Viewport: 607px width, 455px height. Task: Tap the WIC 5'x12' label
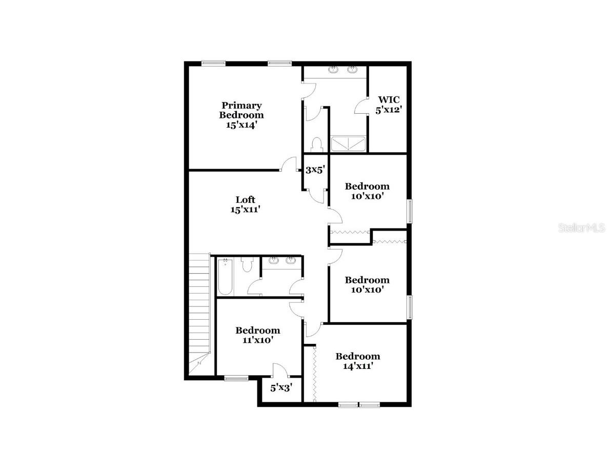click(388, 104)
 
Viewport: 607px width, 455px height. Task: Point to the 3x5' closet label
click(315, 170)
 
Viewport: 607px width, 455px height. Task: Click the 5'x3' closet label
click(281, 388)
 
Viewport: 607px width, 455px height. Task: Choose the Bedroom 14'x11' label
click(358, 361)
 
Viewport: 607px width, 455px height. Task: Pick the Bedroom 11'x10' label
click(257, 335)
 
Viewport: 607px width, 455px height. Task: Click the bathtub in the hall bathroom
click(226, 277)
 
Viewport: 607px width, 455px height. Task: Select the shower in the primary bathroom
click(349, 143)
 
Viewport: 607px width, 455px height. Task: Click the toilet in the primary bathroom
click(316, 144)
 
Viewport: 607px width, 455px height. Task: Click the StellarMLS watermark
click(581, 228)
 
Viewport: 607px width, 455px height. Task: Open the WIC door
click(361, 106)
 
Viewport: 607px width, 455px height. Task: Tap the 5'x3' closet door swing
click(279, 370)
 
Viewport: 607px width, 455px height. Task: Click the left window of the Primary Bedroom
click(213, 64)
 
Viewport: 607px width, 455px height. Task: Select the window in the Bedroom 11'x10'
click(236, 379)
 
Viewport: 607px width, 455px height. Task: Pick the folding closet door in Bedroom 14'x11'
click(313, 374)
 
